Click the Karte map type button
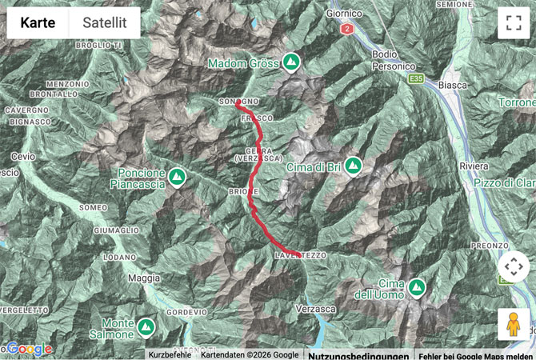click(38, 23)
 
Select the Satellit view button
click(104, 23)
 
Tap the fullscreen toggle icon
click(513, 23)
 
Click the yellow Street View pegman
click(513, 324)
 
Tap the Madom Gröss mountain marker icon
click(291, 62)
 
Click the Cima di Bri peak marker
click(353, 166)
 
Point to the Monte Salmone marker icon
click(146, 326)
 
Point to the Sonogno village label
click(238, 102)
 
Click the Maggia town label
click(144, 278)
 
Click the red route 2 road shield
click(346, 30)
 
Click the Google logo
click(30, 349)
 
